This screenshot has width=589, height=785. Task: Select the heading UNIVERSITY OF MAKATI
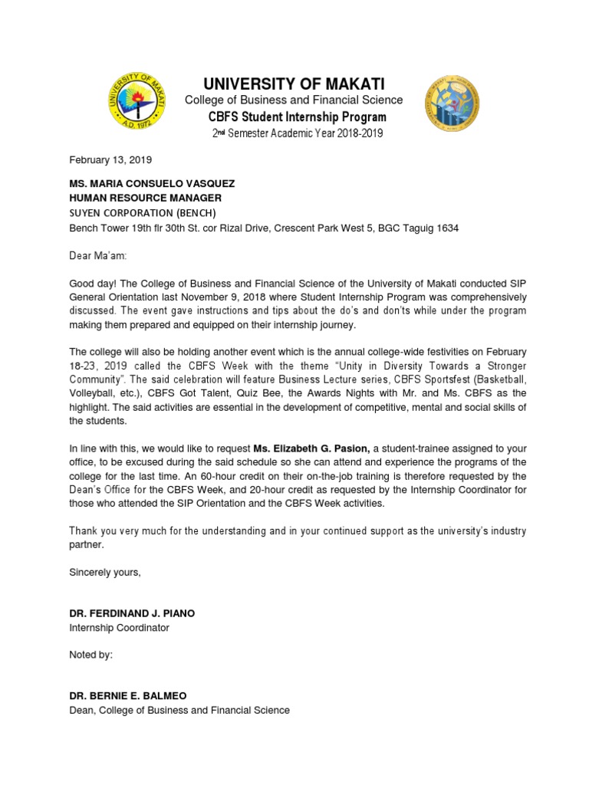pyautogui.click(x=294, y=84)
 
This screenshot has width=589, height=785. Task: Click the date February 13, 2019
pyautogui.click(x=110, y=160)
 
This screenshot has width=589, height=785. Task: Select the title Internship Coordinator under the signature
pyautogui.click(x=119, y=628)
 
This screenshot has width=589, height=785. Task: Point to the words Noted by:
pyautogui.click(x=91, y=655)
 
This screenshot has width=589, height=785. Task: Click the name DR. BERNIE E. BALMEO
pyautogui.click(x=128, y=696)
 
